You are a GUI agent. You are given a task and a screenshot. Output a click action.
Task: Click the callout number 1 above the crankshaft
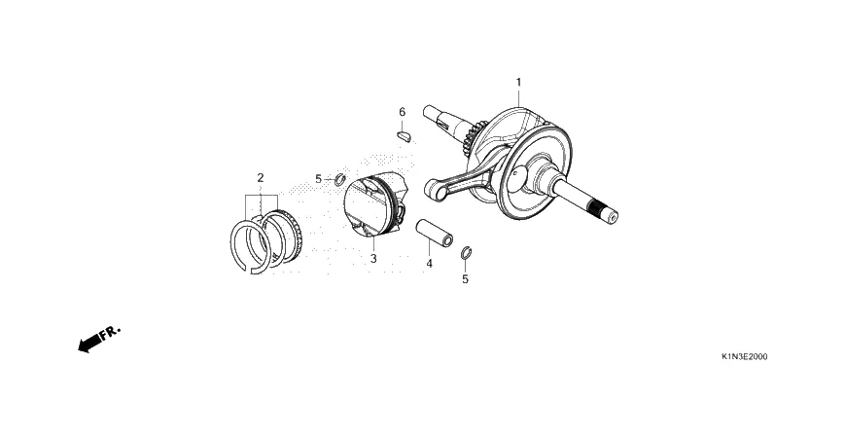518,82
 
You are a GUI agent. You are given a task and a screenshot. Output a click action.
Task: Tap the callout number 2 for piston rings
261,177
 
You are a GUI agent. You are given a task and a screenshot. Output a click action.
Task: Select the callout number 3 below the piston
372,259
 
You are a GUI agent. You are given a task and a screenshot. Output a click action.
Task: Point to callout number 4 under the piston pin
429,263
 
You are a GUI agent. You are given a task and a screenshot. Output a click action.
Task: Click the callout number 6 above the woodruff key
402,112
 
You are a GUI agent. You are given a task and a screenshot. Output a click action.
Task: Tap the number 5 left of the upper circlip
318,178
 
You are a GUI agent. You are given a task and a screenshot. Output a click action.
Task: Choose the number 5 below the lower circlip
465,279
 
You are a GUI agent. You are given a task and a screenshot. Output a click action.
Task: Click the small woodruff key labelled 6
404,134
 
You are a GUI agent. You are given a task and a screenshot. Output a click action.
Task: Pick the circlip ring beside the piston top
339,179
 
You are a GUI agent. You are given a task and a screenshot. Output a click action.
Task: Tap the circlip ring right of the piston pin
466,255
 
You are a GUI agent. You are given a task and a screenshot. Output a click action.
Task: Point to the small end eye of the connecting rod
435,190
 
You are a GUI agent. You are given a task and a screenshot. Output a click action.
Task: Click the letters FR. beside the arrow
111,332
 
